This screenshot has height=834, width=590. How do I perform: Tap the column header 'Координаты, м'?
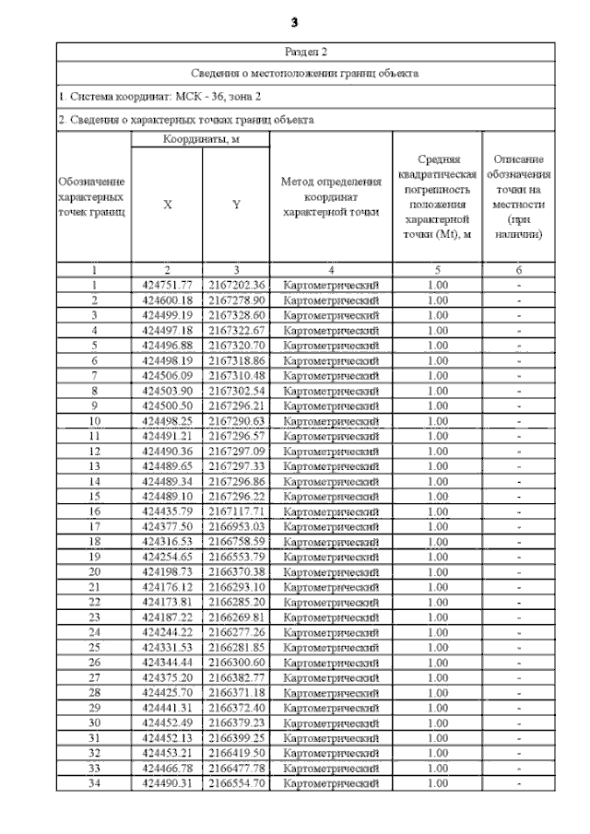(200, 139)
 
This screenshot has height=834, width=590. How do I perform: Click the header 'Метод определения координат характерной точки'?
(331, 196)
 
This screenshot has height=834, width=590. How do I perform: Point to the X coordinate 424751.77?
(167, 286)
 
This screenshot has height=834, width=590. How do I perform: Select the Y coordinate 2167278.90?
(236, 300)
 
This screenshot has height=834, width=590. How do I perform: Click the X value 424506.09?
(167, 376)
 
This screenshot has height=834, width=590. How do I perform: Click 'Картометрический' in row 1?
(331, 286)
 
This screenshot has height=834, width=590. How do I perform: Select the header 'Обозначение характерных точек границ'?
(92, 197)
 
